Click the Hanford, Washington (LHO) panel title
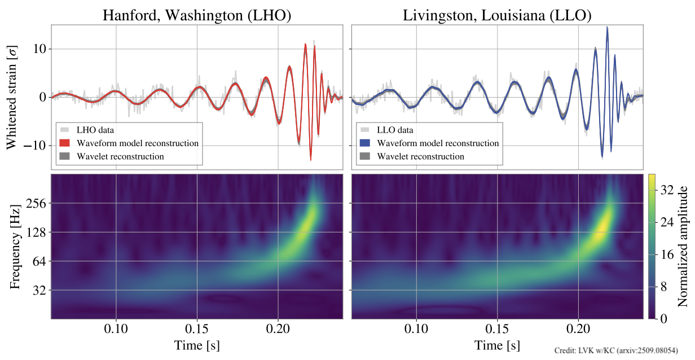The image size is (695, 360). click(197, 15)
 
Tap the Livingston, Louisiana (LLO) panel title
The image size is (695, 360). click(497, 15)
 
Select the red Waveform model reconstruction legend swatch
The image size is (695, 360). click(65, 143)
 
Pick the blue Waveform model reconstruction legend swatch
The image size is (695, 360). click(365, 143)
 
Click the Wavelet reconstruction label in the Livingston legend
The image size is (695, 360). click(420, 156)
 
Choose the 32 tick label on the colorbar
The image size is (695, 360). click(667, 191)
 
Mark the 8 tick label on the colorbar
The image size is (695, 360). click(664, 287)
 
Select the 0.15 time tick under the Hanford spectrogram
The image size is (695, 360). click(197, 329)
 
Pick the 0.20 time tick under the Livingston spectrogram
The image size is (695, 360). click(578, 329)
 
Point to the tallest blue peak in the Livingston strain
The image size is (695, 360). click(607, 27)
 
